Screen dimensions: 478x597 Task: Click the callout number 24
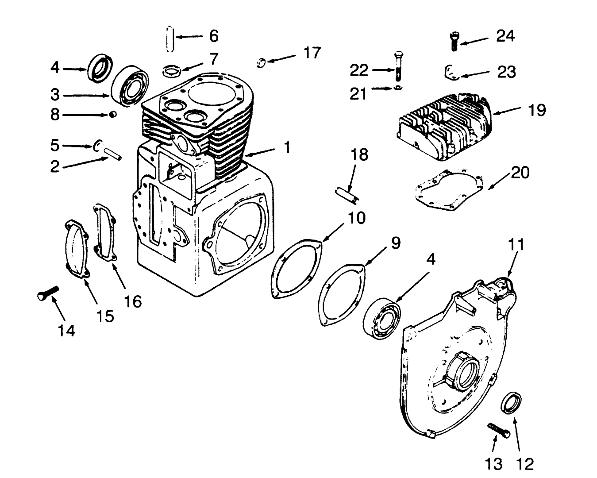click(505, 35)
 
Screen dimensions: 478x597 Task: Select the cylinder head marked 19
click(445, 126)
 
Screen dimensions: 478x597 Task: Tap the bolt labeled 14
click(48, 293)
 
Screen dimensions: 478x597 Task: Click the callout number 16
click(132, 301)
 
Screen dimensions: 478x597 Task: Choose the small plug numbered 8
click(113, 115)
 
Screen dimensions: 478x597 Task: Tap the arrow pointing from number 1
click(264, 152)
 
